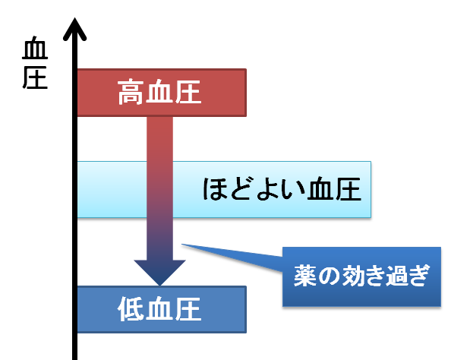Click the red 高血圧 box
coord(162,93)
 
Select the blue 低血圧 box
coord(162,309)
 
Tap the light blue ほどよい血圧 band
coord(224,189)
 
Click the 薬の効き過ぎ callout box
coord(361,276)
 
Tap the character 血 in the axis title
coord(35,48)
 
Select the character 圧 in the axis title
coord(35,77)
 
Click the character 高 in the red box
coord(131,92)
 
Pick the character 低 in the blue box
coord(131,309)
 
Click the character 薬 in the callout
coord(305,276)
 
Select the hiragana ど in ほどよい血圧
coord(241,189)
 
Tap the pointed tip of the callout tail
coord(181,245)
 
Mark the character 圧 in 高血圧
coord(188,92)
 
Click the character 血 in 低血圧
coord(159,309)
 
